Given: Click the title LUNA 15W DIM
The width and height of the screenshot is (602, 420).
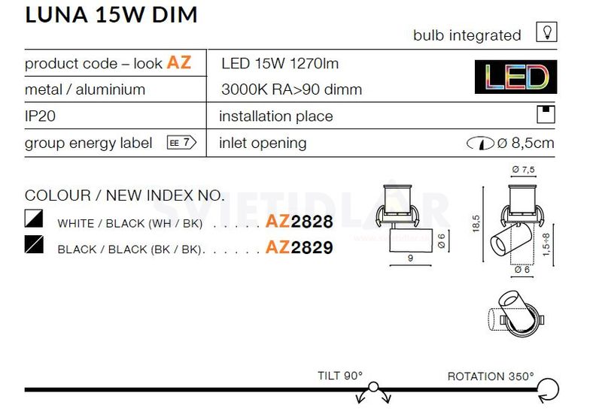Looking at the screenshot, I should pyautogui.click(x=111, y=14).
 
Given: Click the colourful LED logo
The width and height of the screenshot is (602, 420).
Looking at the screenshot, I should pyautogui.click(x=515, y=77).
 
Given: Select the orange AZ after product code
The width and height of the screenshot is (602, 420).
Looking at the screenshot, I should pyautogui.click(x=178, y=62).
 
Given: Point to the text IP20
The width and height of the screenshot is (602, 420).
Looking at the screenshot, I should pyautogui.click(x=41, y=116).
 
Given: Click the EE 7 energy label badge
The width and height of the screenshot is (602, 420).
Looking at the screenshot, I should pyautogui.click(x=181, y=143).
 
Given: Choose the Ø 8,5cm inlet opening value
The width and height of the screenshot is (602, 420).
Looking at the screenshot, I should pyautogui.click(x=524, y=144).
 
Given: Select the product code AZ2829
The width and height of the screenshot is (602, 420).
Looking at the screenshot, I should pyautogui.click(x=299, y=247).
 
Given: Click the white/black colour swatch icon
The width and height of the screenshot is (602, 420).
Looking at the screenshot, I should pyautogui.click(x=35, y=220).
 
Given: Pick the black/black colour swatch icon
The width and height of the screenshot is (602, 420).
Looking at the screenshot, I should pyautogui.click(x=35, y=246).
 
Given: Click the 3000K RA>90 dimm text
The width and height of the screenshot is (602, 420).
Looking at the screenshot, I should pyautogui.click(x=291, y=90).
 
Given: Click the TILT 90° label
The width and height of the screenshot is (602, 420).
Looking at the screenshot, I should pyautogui.click(x=340, y=376).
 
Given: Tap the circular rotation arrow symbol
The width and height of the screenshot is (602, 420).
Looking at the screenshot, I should pyautogui.click(x=548, y=389).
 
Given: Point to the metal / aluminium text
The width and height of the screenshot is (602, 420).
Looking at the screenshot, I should pyautogui.click(x=85, y=89).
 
